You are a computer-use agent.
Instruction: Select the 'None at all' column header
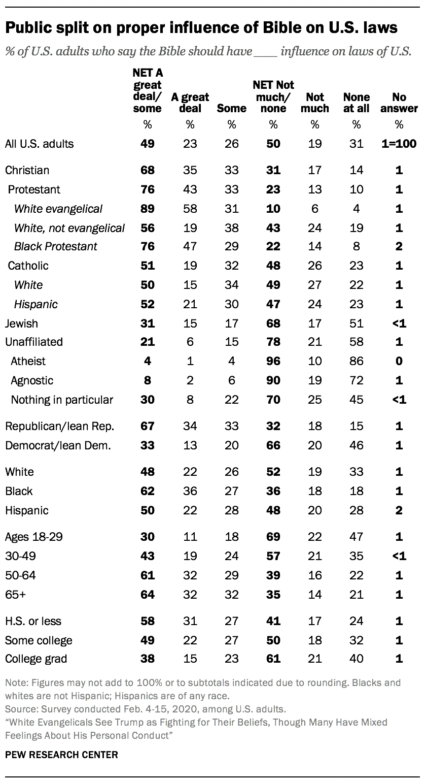[357, 102]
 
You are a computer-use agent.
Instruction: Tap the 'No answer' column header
[399, 102]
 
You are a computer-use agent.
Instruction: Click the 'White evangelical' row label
[58, 209]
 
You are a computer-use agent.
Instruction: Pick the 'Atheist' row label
[28, 361]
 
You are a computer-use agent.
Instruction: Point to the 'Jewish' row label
[22, 322]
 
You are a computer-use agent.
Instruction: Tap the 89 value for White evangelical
[148, 209]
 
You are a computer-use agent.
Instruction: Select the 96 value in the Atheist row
[273, 361]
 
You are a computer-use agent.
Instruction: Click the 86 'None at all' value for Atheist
[357, 361]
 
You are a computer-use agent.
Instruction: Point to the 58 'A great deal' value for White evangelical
[190, 209]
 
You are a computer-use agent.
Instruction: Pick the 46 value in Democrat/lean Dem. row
[357, 445]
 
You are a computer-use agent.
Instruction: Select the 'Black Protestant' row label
[56, 246]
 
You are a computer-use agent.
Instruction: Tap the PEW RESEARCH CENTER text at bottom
[61, 755]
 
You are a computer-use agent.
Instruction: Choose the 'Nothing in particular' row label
[62, 400]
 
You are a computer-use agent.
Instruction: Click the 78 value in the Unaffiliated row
[273, 342]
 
